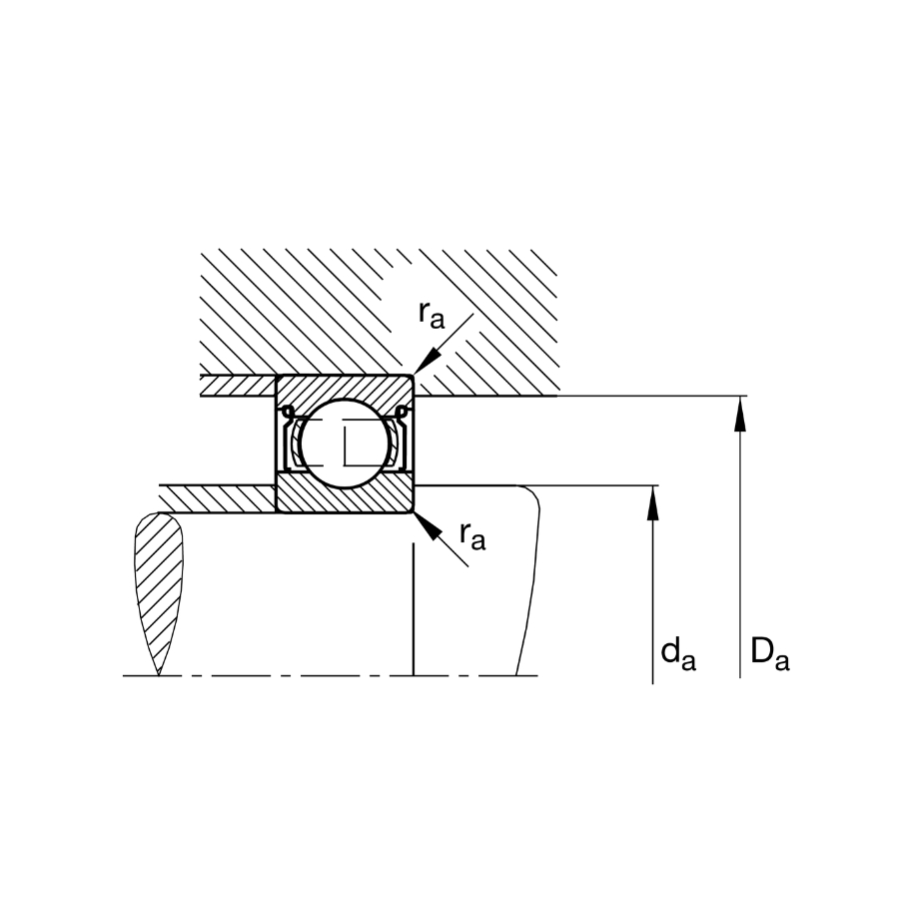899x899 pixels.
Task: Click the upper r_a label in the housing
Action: click(432, 315)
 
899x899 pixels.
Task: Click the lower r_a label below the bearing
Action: click(472, 536)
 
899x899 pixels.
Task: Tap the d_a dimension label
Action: click(678, 654)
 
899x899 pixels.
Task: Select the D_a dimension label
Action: click(770, 654)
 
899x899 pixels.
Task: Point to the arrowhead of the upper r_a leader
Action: click(427, 363)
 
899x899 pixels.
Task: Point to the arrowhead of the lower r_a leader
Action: click(428, 526)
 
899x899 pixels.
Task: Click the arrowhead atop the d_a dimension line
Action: click(652, 502)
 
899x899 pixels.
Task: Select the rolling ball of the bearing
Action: click(345, 444)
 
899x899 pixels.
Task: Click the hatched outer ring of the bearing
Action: click(345, 391)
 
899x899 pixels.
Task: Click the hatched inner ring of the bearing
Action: click(345, 495)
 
